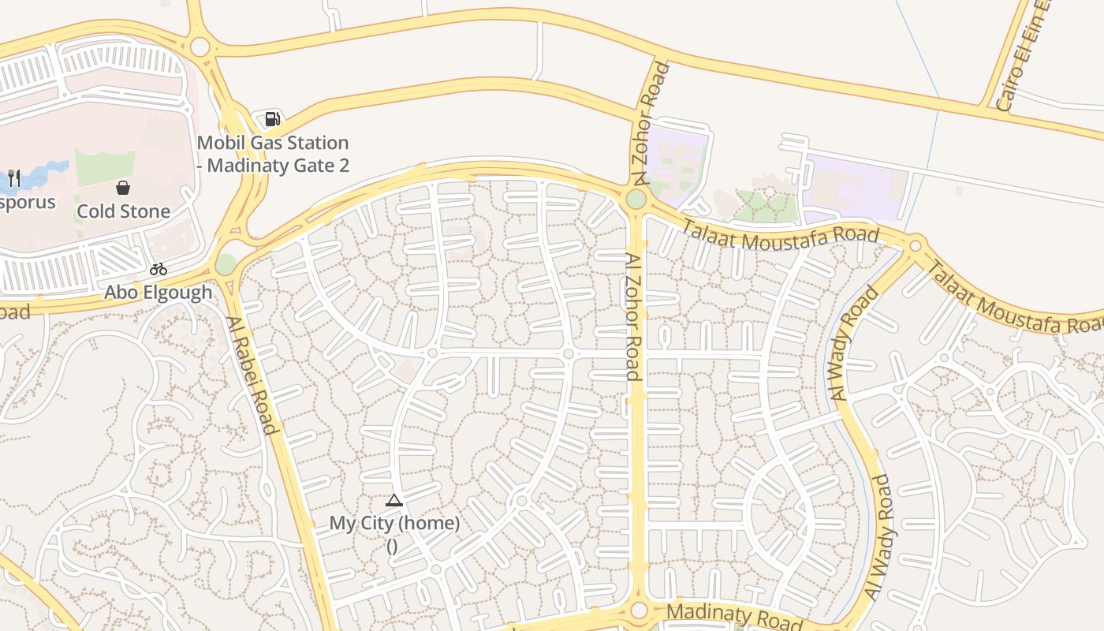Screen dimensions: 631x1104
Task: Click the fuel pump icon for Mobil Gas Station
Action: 272,119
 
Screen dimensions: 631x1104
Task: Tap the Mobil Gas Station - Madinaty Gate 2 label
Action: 272,154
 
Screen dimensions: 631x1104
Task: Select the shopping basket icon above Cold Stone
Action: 123,188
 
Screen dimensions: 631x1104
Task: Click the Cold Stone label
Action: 123,211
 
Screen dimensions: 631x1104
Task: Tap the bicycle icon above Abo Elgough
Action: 159,270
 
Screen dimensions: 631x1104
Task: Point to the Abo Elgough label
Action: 159,293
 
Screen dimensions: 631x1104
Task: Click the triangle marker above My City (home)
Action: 394,500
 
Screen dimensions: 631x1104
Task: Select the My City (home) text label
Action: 394,523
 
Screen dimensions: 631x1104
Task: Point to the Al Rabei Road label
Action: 252,375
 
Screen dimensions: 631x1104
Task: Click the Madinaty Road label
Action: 723,616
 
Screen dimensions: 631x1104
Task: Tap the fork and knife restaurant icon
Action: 13,178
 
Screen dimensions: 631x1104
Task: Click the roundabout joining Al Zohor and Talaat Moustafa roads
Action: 636,199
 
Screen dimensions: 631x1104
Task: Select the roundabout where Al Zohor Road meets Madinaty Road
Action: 639,610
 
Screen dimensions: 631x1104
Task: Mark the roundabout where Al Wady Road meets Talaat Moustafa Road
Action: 916,245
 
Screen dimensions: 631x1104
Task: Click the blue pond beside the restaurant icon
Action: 47,174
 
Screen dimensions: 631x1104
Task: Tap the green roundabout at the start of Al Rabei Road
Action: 226,264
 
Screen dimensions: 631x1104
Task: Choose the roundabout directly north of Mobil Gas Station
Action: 200,47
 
